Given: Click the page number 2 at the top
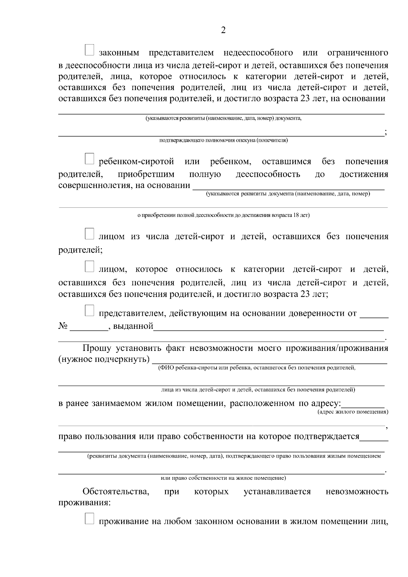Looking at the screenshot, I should tap(223, 30).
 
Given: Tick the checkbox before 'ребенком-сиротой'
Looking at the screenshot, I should tap(89, 158).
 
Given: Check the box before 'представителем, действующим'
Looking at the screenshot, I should tap(89, 310).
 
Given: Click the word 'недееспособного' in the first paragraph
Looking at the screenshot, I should tap(258, 53).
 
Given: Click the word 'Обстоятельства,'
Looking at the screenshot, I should tap(116, 492).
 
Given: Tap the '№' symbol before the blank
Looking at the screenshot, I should tap(63, 326).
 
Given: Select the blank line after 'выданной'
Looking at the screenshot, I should tap(269, 328).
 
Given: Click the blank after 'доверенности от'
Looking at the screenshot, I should tap(374, 316).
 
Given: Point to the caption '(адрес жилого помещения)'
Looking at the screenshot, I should tap(353, 412).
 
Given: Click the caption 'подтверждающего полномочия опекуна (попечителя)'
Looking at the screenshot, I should tap(223, 140).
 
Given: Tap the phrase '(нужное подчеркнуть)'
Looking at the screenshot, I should tap(104, 359).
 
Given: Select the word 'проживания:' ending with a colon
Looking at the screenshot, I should tap(84, 503).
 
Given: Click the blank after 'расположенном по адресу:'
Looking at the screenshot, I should tap(363, 406).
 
